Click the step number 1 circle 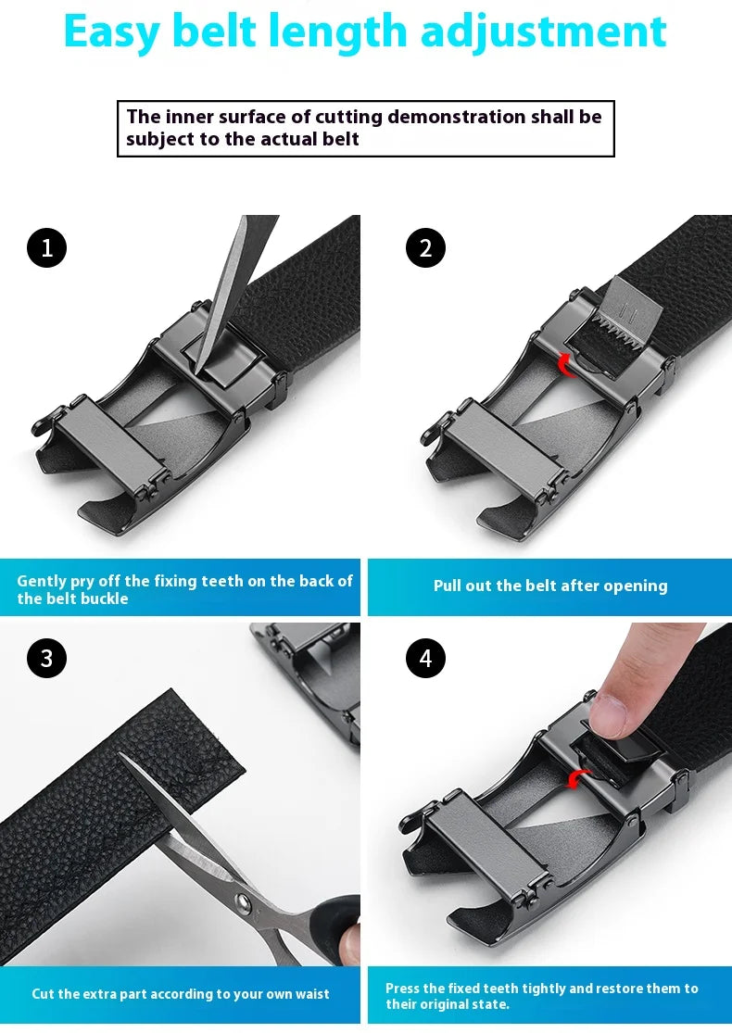46,247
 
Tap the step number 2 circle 425,247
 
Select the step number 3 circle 46,658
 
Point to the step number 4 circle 425,658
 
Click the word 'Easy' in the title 110,31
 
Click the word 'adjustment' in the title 543,31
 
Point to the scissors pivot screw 243,900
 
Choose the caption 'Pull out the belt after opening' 549,586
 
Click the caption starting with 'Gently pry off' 184,589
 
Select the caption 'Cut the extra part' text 180,994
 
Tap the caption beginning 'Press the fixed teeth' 541,996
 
